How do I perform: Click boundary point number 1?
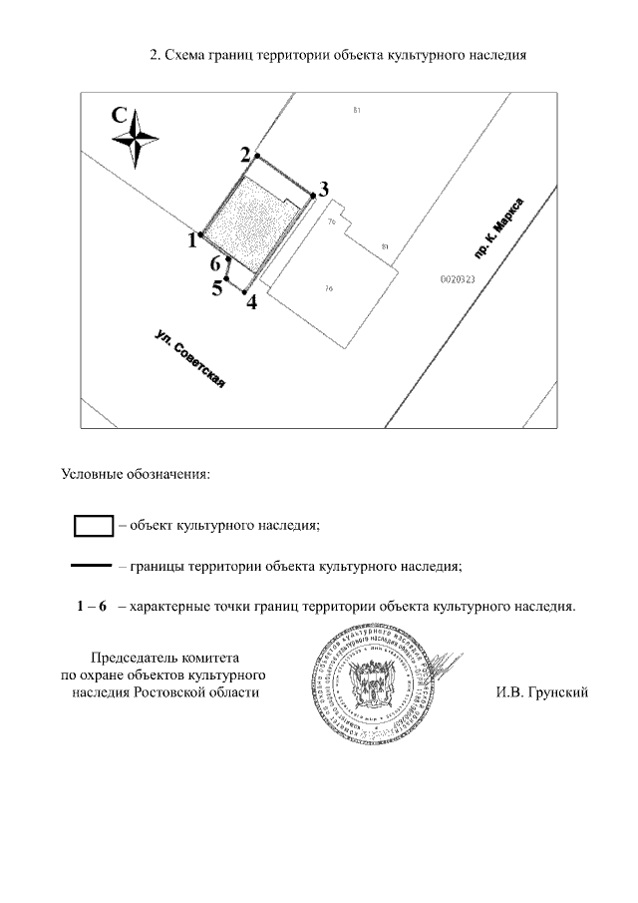201,234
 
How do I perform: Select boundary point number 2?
257,157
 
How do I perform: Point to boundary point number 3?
313,197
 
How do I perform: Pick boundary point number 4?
245,291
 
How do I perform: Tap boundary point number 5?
228,279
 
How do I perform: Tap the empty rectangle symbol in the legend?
94,523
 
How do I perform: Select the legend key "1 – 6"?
91,606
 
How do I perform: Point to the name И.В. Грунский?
542,691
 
